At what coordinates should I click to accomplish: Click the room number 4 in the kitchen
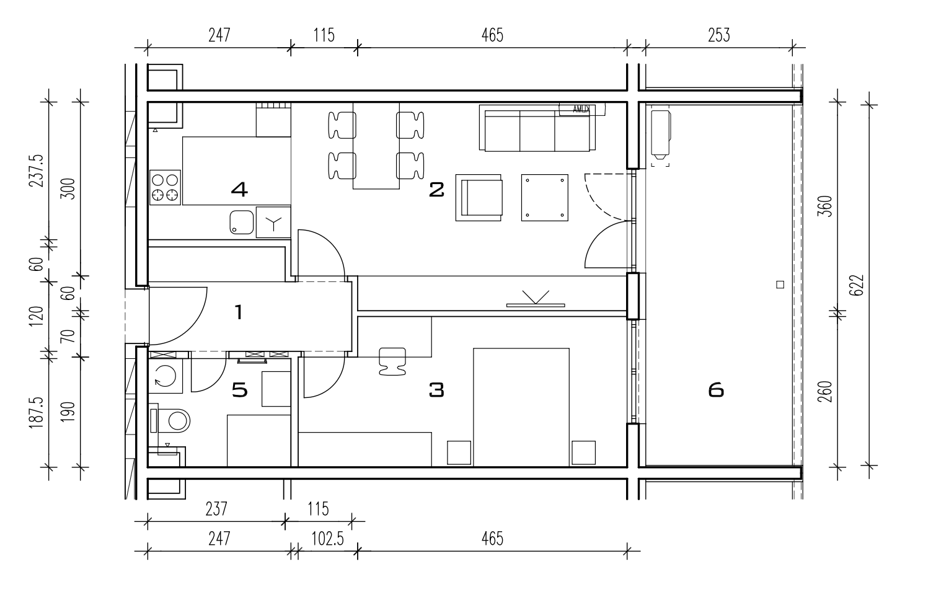pos(239,189)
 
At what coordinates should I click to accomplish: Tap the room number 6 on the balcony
pos(716,390)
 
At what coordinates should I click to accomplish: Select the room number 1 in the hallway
pos(239,312)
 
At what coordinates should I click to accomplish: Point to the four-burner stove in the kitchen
pos(165,187)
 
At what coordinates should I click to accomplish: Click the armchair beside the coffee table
pos(479,198)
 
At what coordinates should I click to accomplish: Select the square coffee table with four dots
pos(544,198)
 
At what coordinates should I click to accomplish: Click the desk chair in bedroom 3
pos(392,361)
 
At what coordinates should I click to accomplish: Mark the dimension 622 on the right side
pos(856,285)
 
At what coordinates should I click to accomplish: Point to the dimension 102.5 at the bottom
pos(327,539)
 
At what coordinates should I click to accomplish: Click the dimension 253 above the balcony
pos(718,35)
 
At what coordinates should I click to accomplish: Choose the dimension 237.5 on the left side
pos(36,171)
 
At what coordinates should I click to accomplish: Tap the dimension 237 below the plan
pos(216,510)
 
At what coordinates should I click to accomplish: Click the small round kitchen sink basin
pos(242,223)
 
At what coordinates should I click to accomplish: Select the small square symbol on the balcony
pos(780,285)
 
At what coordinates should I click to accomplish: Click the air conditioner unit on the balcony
pos(661,135)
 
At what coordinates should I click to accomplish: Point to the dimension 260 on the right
pos(825,392)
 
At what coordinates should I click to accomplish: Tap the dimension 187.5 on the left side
pos(36,413)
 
